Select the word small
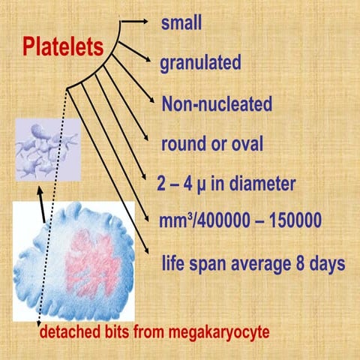pyautogui.click(x=182, y=23)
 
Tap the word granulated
pyautogui.click(x=200, y=64)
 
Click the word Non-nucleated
pyautogui.click(x=217, y=103)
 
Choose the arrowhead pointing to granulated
pyautogui.click(x=154, y=64)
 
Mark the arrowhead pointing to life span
pyautogui.click(x=155, y=260)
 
